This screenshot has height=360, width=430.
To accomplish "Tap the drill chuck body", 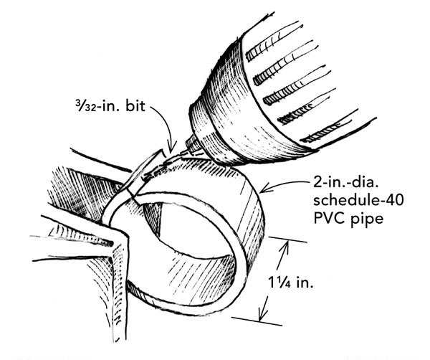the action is click(x=279, y=86).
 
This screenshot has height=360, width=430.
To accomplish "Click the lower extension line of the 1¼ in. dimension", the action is click(x=247, y=318).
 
